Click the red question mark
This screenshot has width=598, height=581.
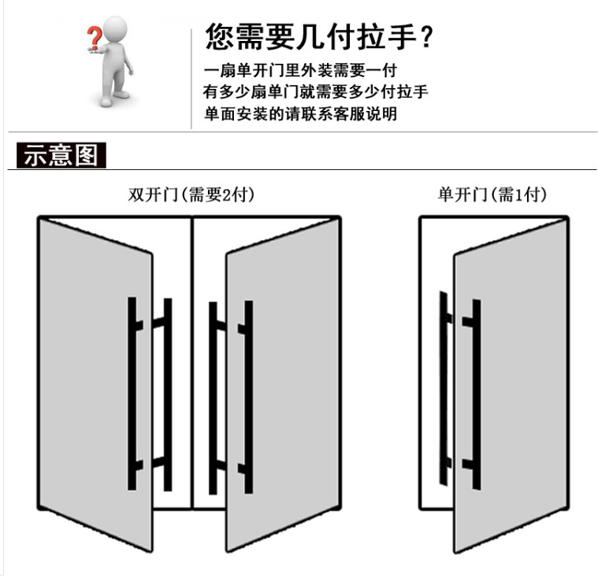(x=94, y=37)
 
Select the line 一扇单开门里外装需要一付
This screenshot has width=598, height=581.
(x=299, y=70)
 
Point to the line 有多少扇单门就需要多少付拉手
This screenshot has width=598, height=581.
(x=315, y=92)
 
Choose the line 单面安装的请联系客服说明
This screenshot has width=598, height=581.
(x=299, y=114)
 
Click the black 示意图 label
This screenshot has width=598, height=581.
(x=61, y=155)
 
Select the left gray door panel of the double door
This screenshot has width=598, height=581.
(x=95, y=378)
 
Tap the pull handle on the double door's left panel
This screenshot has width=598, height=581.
(x=150, y=394)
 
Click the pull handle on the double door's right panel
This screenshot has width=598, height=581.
(x=232, y=394)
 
